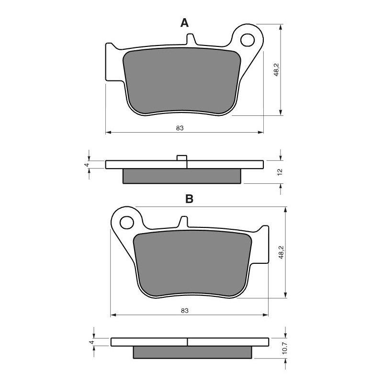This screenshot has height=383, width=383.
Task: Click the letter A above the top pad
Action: [184, 23]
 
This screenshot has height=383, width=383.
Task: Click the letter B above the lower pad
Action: [189, 199]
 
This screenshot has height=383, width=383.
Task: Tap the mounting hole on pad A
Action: [248, 39]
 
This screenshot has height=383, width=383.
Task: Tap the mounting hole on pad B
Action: [127, 222]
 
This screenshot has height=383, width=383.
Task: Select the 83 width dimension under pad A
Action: [180, 128]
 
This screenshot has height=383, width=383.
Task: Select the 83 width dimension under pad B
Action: [185, 311]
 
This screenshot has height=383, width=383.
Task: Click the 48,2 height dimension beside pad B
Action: [281, 252]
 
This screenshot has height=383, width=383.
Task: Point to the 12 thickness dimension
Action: [280, 171]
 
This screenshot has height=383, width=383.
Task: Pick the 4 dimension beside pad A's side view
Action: [86, 164]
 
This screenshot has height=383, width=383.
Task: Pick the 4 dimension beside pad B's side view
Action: [90, 342]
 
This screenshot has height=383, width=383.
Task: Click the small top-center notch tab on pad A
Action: [191, 39]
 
